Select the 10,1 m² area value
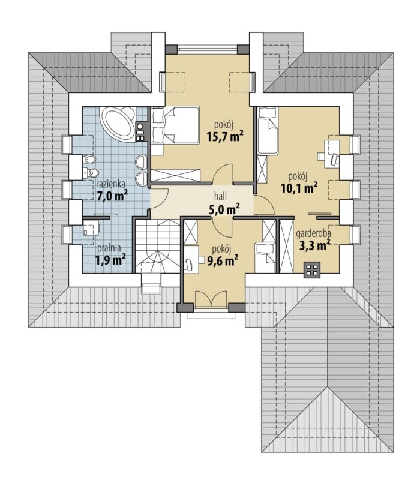298,188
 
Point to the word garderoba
313,233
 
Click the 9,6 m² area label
223,260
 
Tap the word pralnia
109,247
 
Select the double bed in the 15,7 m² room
175,125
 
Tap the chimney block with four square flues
312,269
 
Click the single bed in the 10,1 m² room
268,130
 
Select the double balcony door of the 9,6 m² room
211,298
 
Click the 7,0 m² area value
112,196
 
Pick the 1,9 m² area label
110,260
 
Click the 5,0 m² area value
224,209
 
